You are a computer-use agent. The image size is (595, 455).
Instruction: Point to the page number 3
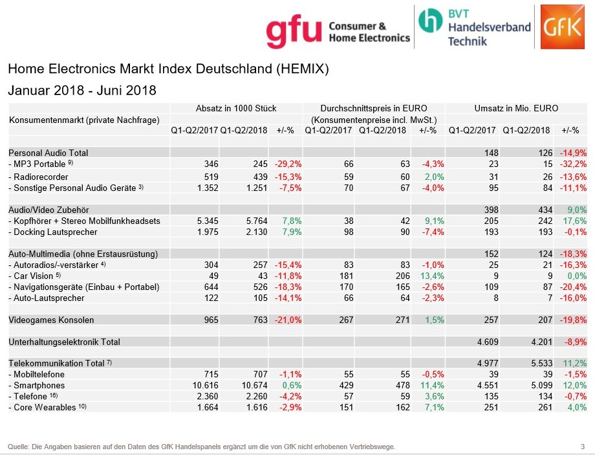(582, 447)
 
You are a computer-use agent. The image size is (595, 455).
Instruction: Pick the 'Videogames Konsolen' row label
(51, 320)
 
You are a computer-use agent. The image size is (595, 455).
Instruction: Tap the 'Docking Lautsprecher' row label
(55, 232)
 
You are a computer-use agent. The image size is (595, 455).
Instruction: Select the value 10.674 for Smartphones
(253, 385)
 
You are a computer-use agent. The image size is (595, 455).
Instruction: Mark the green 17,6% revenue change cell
(573, 221)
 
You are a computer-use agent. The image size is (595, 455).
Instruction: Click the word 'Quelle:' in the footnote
(18, 447)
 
